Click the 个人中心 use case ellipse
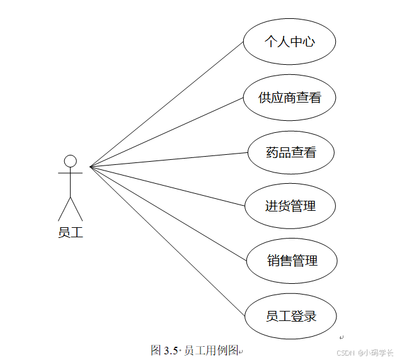(x=289, y=42)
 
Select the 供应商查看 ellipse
(x=289, y=98)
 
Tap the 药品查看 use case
(x=291, y=152)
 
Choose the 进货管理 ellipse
(x=289, y=206)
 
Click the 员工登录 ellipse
(x=291, y=315)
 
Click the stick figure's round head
(x=71, y=160)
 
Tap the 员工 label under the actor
(x=71, y=232)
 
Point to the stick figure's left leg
(x=64, y=209)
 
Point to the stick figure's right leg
(x=77, y=209)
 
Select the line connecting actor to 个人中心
(x=167, y=104)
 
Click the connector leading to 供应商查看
(x=167, y=132)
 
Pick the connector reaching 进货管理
(x=167, y=186)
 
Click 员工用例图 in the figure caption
(x=211, y=351)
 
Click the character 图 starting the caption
(x=157, y=351)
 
